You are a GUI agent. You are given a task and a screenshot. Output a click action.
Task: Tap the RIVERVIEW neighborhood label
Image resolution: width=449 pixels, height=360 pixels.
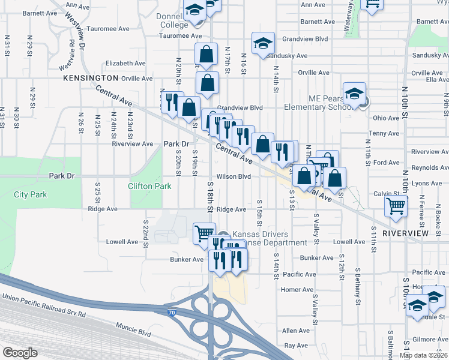click(405, 233)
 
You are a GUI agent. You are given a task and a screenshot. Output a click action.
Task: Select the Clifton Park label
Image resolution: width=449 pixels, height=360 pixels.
click(149, 186)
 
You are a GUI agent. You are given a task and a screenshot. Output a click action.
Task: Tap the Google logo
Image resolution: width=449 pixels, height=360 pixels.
click(20, 353)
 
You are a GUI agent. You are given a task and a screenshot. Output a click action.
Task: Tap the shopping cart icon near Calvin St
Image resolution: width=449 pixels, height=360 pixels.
click(396, 206)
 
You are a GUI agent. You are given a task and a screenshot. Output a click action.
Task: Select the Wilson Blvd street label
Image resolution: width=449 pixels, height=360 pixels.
click(234, 177)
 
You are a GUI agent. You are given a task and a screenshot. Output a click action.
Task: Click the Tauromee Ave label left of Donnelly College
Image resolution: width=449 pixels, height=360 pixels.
click(108, 28)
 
